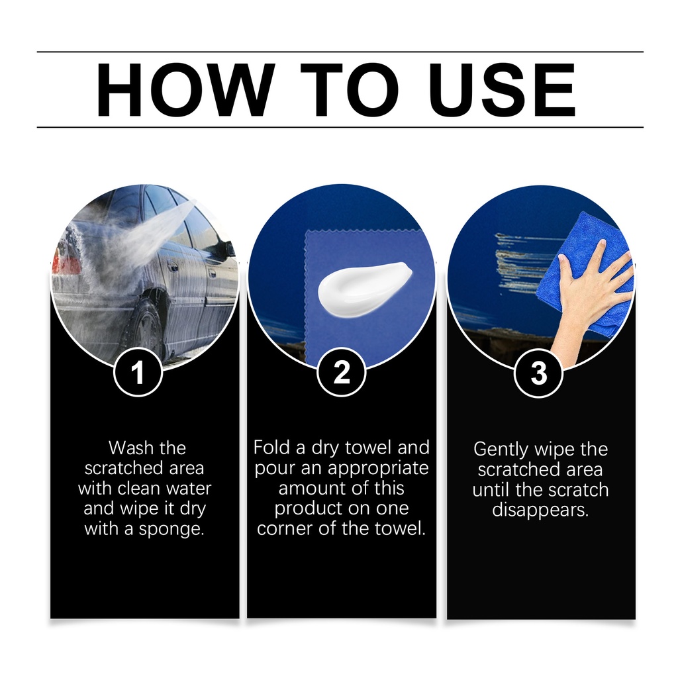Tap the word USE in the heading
click(x=502, y=89)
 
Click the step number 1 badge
click(x=138, y=372)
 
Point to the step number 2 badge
click(x=341, y=372)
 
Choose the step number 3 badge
click(x=539, y=373)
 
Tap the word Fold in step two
click(x=272, y=448)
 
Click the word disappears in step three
click(x=540, y=510)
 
